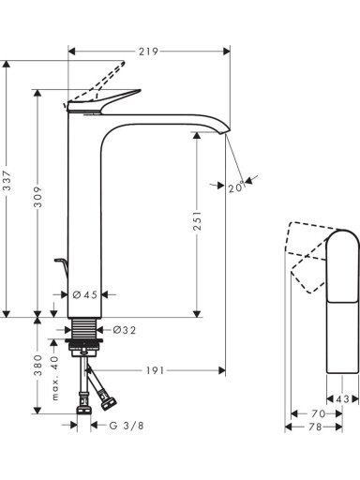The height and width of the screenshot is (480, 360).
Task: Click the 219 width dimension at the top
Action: click(148, 52)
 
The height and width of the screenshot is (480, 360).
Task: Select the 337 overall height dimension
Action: click(7, 181)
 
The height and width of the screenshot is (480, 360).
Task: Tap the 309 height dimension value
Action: click(37, 197)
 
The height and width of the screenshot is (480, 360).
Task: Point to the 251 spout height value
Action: click(197, 221)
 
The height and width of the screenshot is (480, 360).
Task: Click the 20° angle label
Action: click(236, 187)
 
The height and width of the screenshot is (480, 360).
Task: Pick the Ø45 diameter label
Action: click(85, 294)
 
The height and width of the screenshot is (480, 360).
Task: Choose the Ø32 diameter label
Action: click(124, 330)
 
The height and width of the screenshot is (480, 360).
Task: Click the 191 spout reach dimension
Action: click(155, 370)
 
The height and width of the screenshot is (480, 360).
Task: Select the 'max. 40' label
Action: click(55, 378)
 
